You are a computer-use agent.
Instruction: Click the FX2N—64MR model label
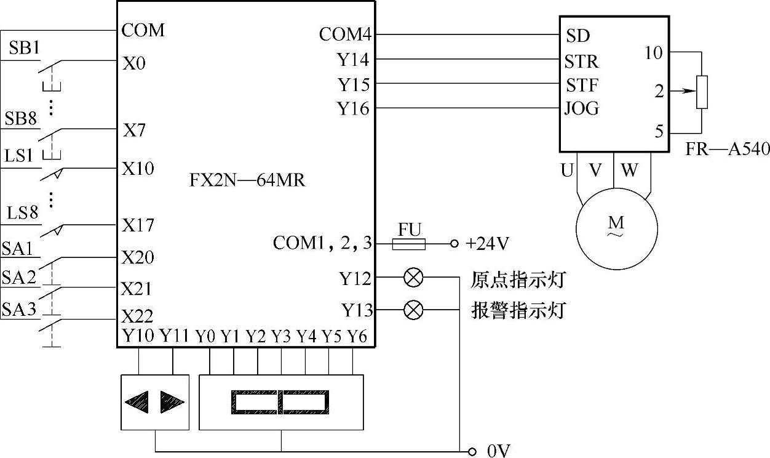[247, 180]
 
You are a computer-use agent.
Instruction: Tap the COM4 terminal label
[346, 34]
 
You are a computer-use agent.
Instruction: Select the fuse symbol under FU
[409, 244]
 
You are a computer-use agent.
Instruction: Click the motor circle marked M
[617, 229]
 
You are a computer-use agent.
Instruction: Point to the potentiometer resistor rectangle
[702, 92]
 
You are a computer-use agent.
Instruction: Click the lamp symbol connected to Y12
[413, 278]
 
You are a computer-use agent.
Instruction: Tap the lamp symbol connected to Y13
[413, 310]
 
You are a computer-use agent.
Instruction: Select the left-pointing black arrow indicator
[137, 402]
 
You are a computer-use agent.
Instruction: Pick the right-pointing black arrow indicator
[172, 402]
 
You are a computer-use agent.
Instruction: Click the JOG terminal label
[582, 108]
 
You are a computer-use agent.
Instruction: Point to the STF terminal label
[582, 85]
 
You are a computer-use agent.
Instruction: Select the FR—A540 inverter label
[728, 149]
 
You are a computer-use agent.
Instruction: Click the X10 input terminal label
[138, 168]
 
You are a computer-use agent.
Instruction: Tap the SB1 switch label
[24, 47]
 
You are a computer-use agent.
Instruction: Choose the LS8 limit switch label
[22, 212]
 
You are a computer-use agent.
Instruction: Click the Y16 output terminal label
[354, 108]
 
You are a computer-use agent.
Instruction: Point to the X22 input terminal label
[137, 316]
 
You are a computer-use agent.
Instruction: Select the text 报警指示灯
[518, 310]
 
